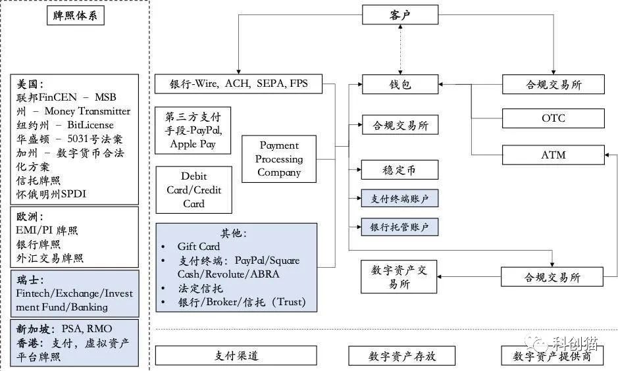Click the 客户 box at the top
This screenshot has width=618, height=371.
click(x=399, y=14)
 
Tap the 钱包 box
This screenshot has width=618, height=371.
click(x=399, y=84)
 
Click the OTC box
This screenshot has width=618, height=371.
click(x=553, y=118)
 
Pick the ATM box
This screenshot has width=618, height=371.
click(x=553, y=155)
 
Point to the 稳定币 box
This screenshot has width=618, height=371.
click(x=399, y=170)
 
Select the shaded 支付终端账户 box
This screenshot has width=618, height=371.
click(x=399, y=198)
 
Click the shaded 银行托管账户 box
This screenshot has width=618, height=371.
click(x=399, y=227)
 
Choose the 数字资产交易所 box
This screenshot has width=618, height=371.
click(x=399, y=277)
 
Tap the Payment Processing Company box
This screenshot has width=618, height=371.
click(x=279, y=159)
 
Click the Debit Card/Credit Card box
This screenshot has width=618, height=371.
click(x=193, y=190)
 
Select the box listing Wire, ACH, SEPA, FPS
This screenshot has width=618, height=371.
click(x=238, y=84)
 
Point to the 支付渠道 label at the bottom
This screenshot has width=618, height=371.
click(x=236, y=356)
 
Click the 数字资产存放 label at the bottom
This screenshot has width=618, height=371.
click(x=402, y=356)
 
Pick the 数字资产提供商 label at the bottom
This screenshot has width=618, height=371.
click(x=553, y=356)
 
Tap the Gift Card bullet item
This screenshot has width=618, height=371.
click(x=198, y=247)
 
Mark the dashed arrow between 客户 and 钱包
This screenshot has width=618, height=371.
click(x=399, y=50)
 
